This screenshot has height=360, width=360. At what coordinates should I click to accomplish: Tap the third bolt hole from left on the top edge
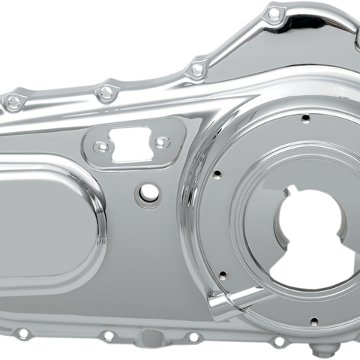197,69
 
